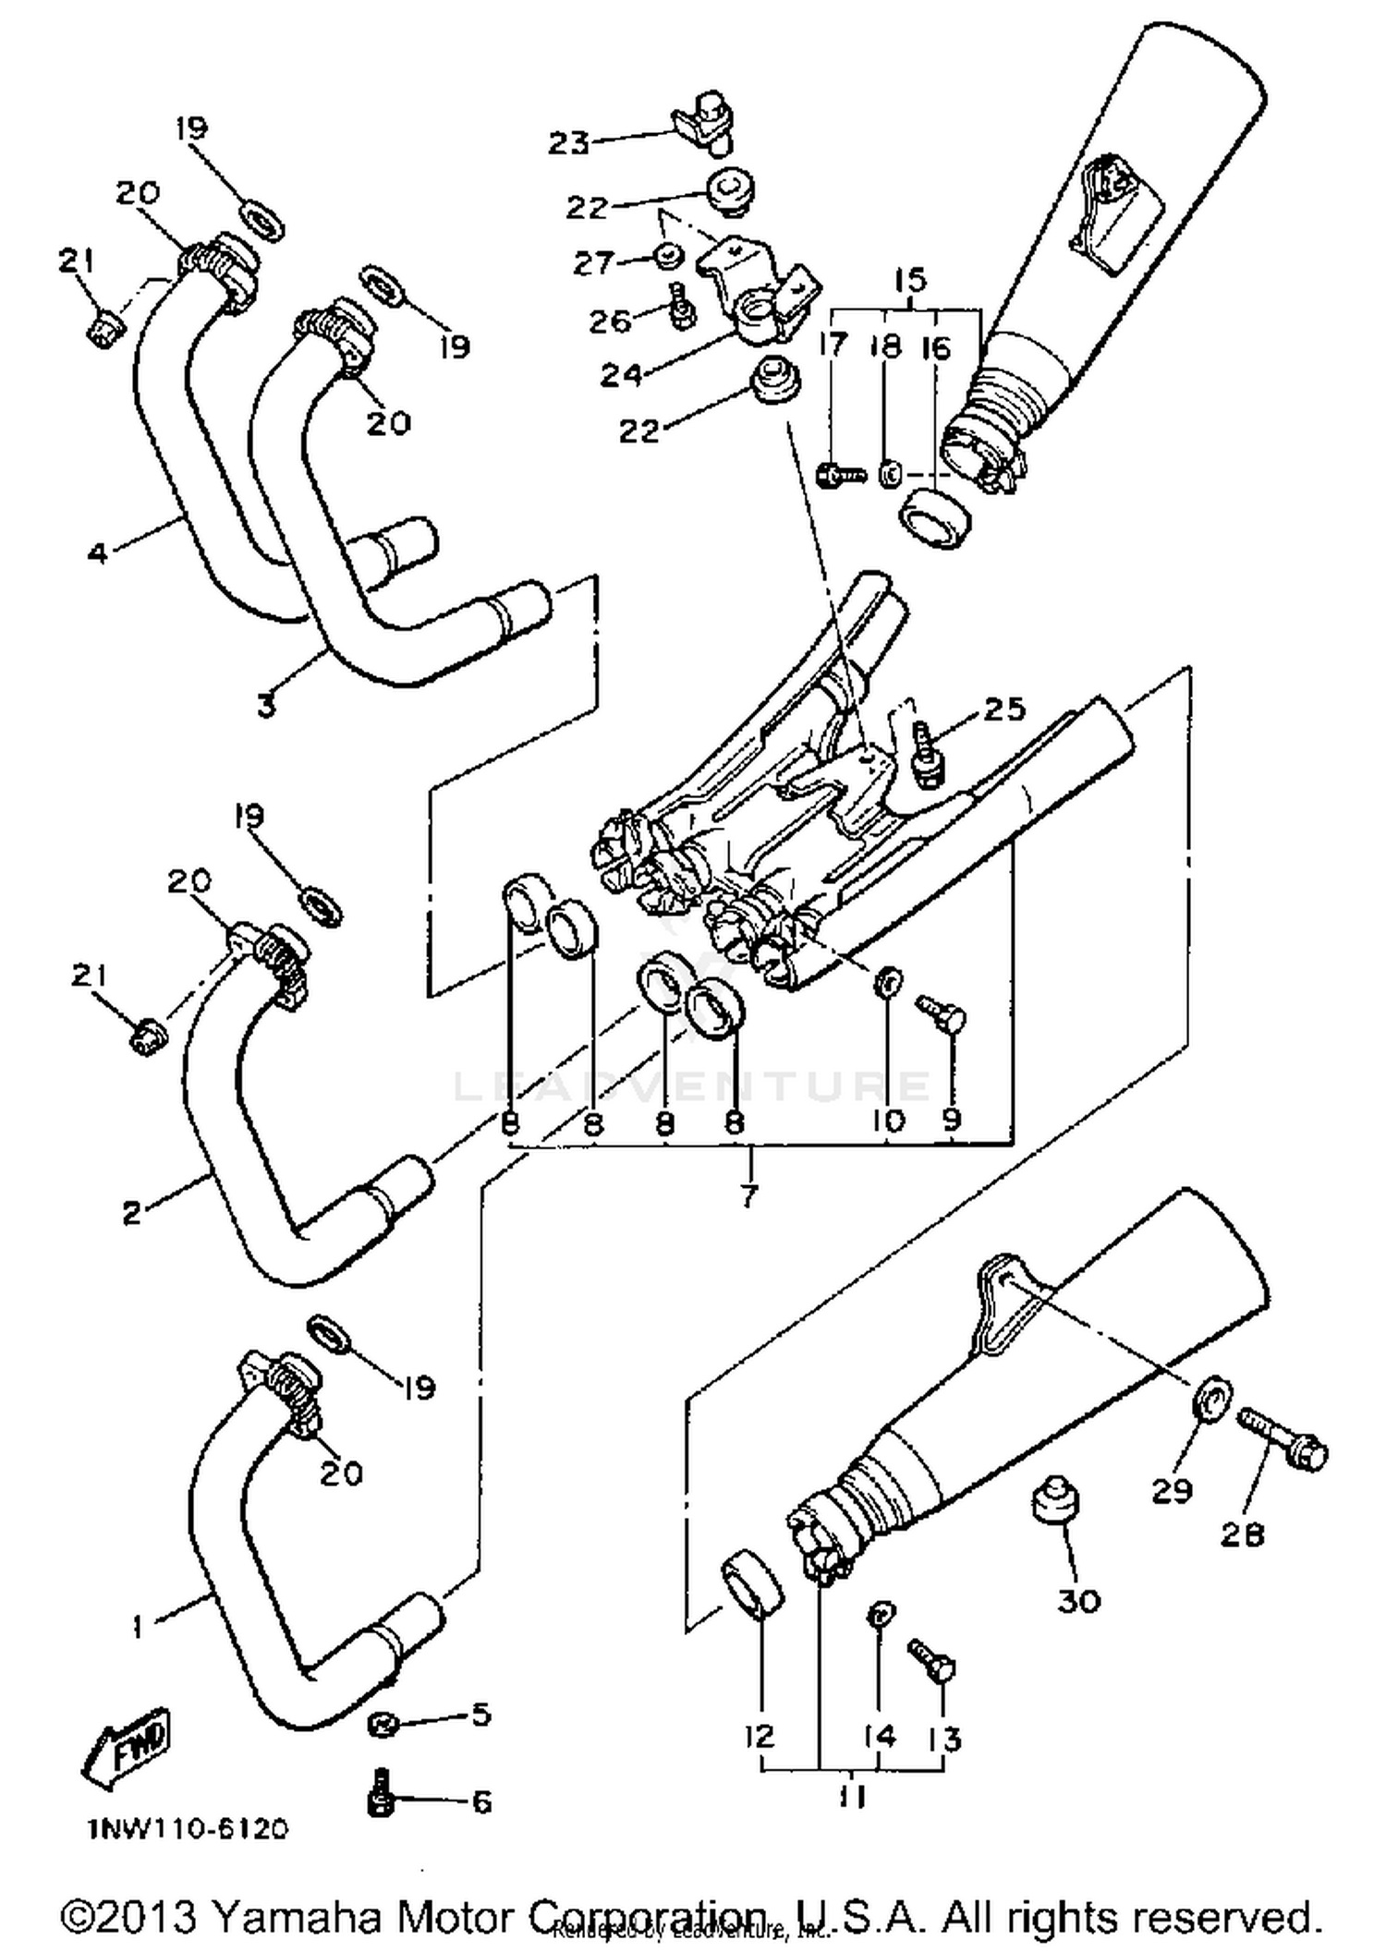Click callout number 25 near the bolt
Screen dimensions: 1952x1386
[x=1005, y=709]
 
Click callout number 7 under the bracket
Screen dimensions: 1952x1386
[x=748, y=1195]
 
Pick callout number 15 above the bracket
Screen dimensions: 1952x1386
[x=910, y=280]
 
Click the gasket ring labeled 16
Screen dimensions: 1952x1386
[x=936, y=520]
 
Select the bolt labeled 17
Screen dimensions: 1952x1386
[x=839, y=475]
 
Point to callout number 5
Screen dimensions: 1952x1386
[x=480, y=1715]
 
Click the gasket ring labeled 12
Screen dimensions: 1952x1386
[x=750, y=1586]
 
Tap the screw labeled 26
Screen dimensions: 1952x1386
[x=680, y=306]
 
